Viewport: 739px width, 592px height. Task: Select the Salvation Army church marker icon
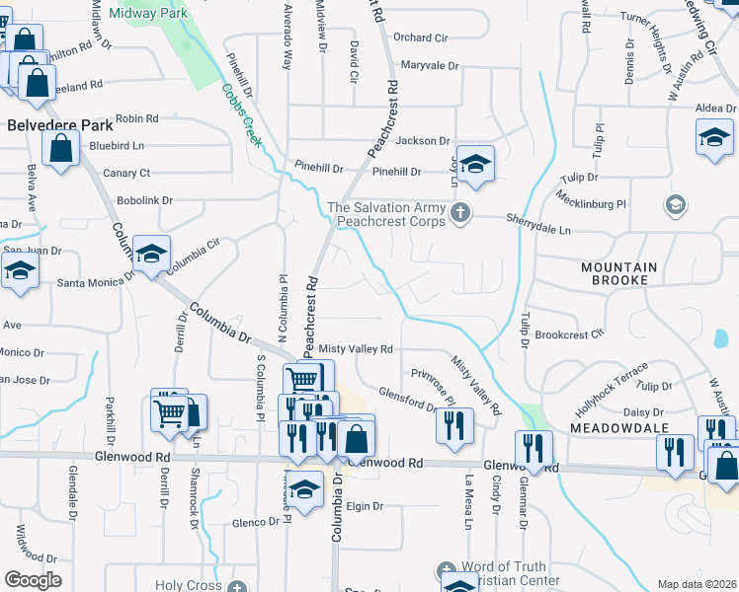[x=459, y=212]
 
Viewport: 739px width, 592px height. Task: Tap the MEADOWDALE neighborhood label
[x=618, y=428]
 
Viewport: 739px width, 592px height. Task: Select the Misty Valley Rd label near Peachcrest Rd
[x=355, y=349]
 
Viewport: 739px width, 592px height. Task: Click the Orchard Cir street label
[x=420, y=37]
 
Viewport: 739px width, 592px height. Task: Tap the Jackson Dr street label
[x=423, y=141]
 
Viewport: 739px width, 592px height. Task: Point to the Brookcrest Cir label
[x=569, y=334]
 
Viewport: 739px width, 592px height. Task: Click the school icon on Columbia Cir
[x=151, y=255]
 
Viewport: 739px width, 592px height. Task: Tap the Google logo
[x=33, y=580]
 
